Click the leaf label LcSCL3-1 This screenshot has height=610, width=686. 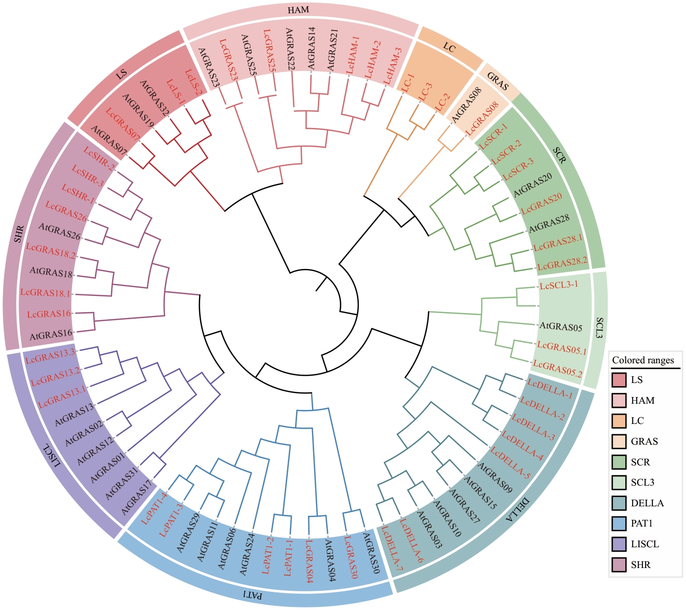[x=558, y=286]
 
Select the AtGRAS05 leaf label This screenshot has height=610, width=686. [x=561, y=327]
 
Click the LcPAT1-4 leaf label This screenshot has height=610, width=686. [x=155, y=509]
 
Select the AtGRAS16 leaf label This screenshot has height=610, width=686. [x=50, y=334]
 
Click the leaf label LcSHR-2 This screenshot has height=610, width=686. [x=100, y=160]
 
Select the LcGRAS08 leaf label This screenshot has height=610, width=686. [x=482, y=119]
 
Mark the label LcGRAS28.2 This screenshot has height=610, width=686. [x=563, y=263]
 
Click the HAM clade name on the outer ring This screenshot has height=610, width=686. [x=298, y=10]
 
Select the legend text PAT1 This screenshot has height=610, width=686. [x=642, y=524]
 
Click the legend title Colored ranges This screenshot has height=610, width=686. [x=643, y=360]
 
